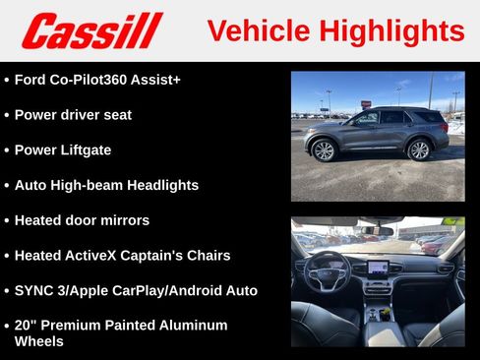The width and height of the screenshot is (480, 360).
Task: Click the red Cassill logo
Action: [91, 30]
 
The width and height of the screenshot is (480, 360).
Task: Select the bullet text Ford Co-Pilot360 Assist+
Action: [97, 79]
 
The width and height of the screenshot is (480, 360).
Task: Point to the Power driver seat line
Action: [73, 114]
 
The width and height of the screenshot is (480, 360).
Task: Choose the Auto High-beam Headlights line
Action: [106, 185]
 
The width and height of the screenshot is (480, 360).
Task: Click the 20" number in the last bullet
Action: [26, 325]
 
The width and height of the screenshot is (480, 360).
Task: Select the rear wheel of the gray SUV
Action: [419, 150]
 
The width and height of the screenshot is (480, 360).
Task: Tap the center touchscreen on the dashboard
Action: [378, 267]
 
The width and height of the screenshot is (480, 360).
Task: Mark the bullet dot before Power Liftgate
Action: [7, 150]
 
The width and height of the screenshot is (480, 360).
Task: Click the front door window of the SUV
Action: [365, 119]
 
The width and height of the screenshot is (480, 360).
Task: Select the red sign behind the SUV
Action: [366, 103]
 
